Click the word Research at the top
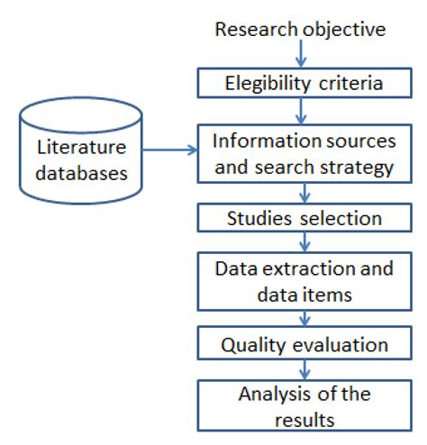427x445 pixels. (256, 30)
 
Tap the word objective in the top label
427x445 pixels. (344, 30)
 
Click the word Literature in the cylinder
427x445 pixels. (81, 147)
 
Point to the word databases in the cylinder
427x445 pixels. (81, 173)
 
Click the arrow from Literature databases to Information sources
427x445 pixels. (170, 150)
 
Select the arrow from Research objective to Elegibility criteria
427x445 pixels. (301, 53)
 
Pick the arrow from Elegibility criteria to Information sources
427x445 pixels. (301, 111)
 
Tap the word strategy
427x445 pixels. (357, 168)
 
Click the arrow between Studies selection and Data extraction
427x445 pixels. (304, 242)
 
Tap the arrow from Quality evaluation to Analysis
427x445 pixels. (304, 369)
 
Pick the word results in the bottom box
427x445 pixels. (304, 420)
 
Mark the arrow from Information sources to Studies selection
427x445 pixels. (304, 193)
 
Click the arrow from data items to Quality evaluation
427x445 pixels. (304, 319)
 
